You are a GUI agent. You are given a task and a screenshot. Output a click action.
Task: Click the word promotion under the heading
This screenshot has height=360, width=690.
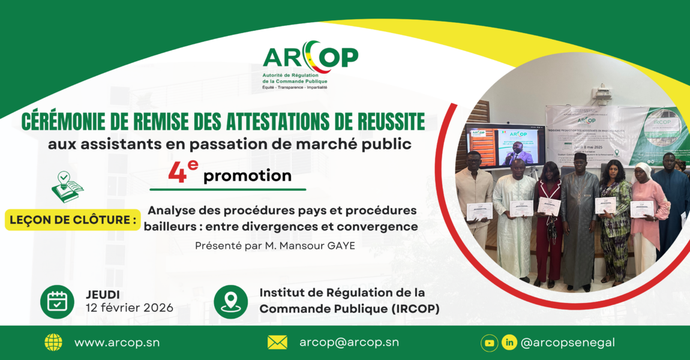point(247,176)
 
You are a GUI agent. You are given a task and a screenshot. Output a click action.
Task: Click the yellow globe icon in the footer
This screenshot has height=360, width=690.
point(53,343)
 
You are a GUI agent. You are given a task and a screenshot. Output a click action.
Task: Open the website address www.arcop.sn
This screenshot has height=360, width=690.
point(117,343)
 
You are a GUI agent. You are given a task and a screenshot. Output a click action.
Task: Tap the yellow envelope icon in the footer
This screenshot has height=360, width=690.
point(277,343)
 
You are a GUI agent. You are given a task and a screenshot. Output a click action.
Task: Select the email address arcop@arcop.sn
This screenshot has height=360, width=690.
point(349,343)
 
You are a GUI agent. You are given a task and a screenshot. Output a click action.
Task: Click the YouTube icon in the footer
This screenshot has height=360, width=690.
point(490,343)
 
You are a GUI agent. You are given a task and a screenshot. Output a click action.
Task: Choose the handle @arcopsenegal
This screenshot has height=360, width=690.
point(568,343)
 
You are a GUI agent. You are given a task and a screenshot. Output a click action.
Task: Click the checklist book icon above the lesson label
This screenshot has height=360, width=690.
point(67,187)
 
